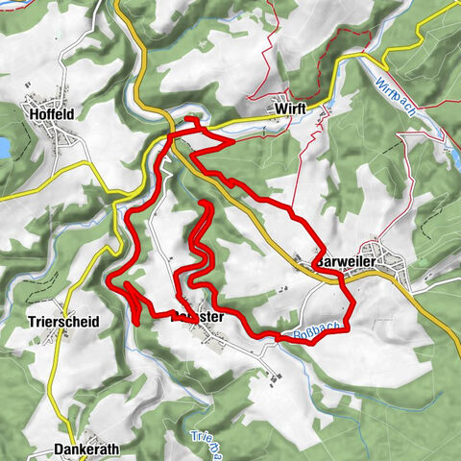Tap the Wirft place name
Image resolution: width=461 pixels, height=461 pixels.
tap(289, 109)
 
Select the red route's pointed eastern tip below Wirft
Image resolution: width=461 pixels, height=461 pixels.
tap(233, 142)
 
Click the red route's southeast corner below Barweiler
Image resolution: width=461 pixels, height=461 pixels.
tap(348, 327)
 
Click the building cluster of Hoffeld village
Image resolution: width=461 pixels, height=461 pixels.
tap(58, 139)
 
